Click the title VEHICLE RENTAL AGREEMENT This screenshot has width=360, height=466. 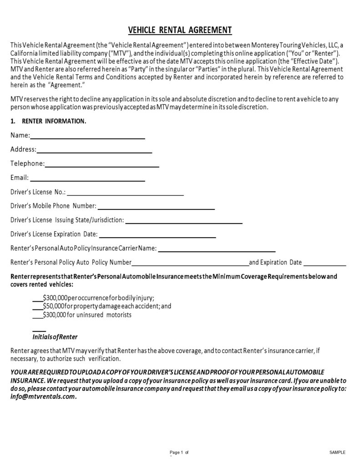click(x=180, y=30)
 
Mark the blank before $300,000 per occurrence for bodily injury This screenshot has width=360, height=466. click(x=38, y=300)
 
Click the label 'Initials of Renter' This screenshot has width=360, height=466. click(x=55, y=337)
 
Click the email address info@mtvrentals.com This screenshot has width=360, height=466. click(x=43, y=396)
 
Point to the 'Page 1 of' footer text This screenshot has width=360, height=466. click(x=179, y=452)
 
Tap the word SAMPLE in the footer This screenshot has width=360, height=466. click(x=337, y=452)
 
